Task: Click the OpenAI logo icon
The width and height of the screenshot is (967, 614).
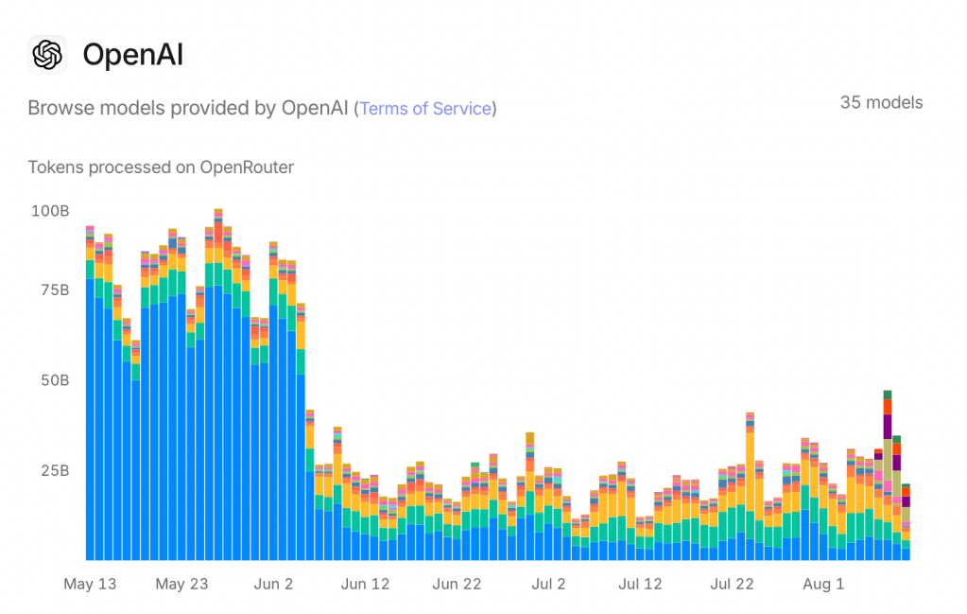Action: tap(47, 55)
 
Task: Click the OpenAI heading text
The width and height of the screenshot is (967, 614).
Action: tap(133, 55)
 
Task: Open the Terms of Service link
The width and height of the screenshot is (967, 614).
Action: tap(425, 109)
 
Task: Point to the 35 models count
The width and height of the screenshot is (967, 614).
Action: tap(881, 102)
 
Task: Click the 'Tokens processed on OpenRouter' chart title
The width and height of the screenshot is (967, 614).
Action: tap(161, 167)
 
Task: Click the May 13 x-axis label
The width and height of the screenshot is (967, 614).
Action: tap(90, 584)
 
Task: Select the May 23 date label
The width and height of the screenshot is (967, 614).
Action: tap(181, 584)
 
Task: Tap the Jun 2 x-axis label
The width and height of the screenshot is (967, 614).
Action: tap(274, 584)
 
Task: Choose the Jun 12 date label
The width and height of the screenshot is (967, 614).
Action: tap(365, 584)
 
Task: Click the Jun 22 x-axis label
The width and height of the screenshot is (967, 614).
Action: tap(457, 584)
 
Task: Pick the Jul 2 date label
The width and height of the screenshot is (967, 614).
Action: tap(548, 584)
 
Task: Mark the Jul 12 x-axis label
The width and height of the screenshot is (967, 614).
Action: tap(640, 584)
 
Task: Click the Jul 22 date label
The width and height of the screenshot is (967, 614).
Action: tap(732, 584)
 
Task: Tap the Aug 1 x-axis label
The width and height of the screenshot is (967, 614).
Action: tap(823, 584)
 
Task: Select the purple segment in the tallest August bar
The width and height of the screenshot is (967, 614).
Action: tap(888, 426)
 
